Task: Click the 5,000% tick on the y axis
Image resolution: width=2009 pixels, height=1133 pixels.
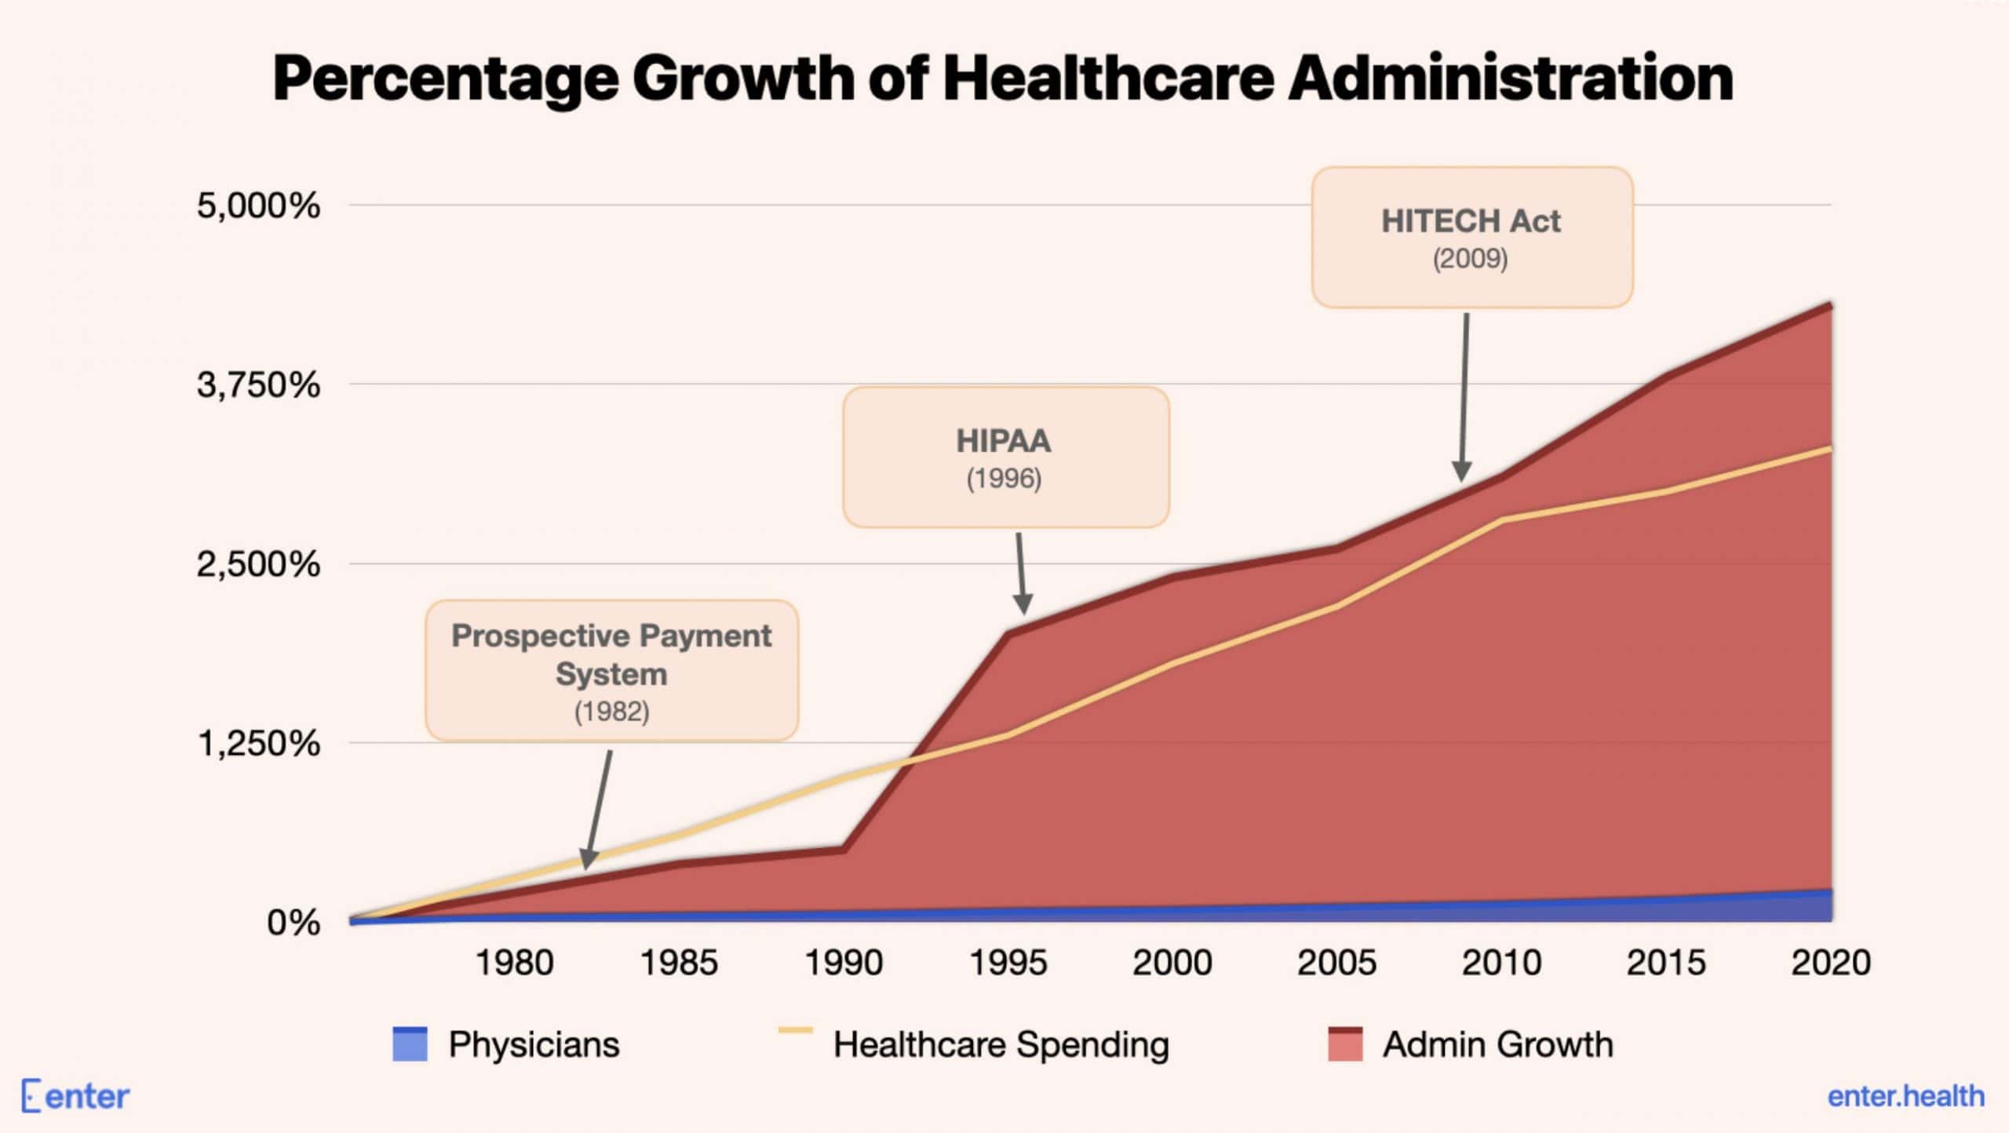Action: click(258, 206)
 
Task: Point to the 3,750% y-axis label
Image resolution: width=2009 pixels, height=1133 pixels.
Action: click(258, 385)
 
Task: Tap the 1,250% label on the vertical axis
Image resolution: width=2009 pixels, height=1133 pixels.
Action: click(258, 743)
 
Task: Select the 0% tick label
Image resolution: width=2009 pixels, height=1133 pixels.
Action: click(293, 923)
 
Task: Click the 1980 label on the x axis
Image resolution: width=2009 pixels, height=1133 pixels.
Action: click(515, 963)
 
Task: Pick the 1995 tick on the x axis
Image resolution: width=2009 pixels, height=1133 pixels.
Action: click(1008, 963)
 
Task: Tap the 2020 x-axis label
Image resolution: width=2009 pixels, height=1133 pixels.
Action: click(1830, 963)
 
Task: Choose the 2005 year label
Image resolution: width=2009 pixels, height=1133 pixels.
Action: click(1336, 963)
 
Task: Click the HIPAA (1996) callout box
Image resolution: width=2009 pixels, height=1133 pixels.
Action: click(1005, 457)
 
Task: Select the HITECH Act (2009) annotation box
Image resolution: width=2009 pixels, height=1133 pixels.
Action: click(1471, 237)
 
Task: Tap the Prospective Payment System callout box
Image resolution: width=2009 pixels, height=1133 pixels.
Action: click(611, 671)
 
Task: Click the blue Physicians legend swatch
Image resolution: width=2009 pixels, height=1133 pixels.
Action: click(410, 1044)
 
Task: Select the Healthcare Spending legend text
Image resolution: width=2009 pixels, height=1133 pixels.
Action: click(1001, 1045)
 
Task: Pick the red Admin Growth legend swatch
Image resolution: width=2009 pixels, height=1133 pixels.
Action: click(1345, 1044)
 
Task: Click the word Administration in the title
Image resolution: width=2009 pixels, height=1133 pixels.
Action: click(1510, 78)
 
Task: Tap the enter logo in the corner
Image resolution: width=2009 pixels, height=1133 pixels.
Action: click(75, 1096)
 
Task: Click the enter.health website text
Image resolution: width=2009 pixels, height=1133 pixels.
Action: click(1905, 1096)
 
